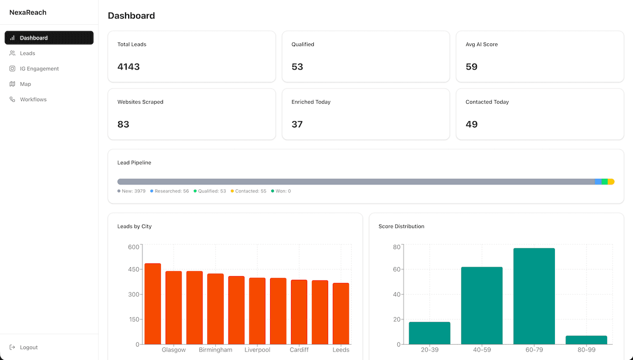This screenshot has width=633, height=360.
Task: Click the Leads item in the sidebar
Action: point(27,53)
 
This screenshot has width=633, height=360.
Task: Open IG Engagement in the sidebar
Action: point(39,69)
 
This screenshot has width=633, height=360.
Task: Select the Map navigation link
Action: point(25,84)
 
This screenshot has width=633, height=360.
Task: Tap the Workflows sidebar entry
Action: point(33,99)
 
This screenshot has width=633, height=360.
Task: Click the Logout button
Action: point(28,347)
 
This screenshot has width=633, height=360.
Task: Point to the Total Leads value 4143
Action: point(128,67)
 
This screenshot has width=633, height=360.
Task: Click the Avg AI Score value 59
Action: point(472,67)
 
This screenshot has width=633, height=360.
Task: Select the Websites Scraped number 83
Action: point(123,124)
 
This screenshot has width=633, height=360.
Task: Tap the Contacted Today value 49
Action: point(472,124)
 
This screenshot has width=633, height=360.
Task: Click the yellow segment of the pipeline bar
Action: point(611,182)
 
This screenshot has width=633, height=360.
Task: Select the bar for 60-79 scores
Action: point(534,296)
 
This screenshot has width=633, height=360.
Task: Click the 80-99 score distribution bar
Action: point(586,340)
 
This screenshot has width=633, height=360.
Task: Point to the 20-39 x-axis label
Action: point(429,350)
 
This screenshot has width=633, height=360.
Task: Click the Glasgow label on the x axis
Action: point(174,350)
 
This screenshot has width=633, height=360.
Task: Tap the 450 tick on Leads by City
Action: point(134,269)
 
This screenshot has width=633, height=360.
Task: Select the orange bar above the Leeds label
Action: point(341,314)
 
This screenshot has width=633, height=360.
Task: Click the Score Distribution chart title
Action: point(401,227)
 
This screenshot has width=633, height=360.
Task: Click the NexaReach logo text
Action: point(27,12)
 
